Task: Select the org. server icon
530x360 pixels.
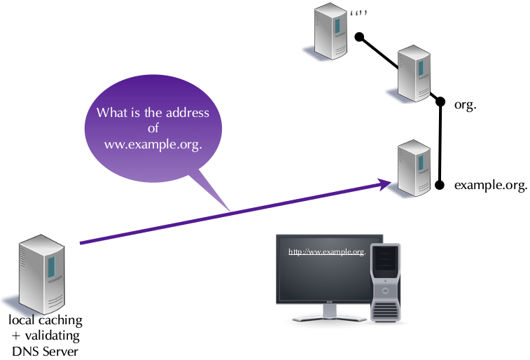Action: pos(414,74)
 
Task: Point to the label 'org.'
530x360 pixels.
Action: pos(466,105)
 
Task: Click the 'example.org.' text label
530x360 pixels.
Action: pos(490,186)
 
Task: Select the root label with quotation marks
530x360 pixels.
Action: pos(358,13)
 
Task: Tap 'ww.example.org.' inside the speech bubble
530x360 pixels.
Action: pos(153,145)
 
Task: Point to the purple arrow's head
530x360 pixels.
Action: pos(385,184)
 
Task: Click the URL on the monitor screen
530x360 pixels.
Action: pos(327,252)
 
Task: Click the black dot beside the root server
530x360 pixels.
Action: pos(358,36)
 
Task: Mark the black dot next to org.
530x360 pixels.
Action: pos(440,102)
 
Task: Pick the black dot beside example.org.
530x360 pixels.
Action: pos(439,186)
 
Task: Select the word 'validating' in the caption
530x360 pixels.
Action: pos(50,335)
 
